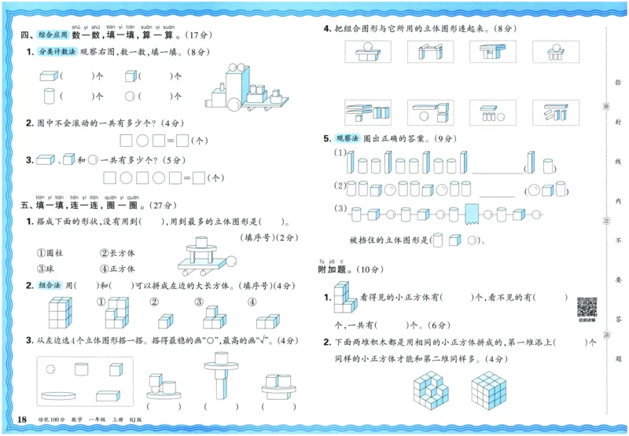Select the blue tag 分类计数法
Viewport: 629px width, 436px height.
[57, 52]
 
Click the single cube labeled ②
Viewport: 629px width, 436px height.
[164, 321]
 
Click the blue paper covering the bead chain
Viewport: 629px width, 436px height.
[472, 214]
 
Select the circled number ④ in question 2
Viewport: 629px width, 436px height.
[252, 302]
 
